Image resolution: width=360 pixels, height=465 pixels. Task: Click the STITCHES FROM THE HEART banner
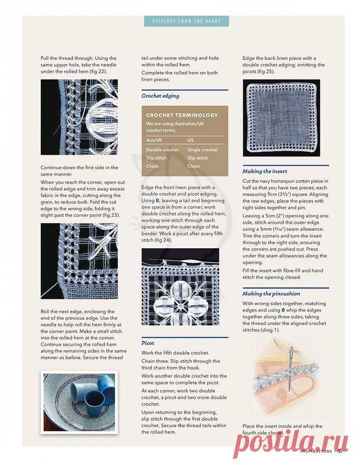186,22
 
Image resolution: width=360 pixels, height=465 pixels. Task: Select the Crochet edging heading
160,95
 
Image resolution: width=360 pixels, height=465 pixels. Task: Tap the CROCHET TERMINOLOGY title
182,115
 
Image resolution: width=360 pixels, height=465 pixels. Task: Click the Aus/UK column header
154,140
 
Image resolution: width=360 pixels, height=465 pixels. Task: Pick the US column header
191,140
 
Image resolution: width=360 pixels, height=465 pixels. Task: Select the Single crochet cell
203,150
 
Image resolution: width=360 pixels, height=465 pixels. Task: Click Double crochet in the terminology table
163,150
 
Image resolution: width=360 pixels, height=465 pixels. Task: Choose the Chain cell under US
193,166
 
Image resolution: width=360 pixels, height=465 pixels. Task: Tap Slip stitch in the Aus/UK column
157,158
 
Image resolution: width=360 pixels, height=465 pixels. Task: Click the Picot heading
148,344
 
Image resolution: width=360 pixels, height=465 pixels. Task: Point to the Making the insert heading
265,171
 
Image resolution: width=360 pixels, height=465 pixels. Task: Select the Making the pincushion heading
271,294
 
